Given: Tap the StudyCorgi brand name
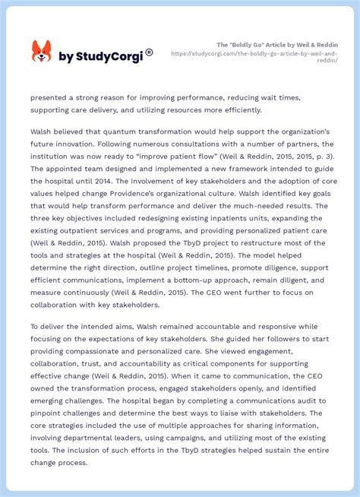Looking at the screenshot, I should click(100, 57).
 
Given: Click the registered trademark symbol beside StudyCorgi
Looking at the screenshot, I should click(149, 52).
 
